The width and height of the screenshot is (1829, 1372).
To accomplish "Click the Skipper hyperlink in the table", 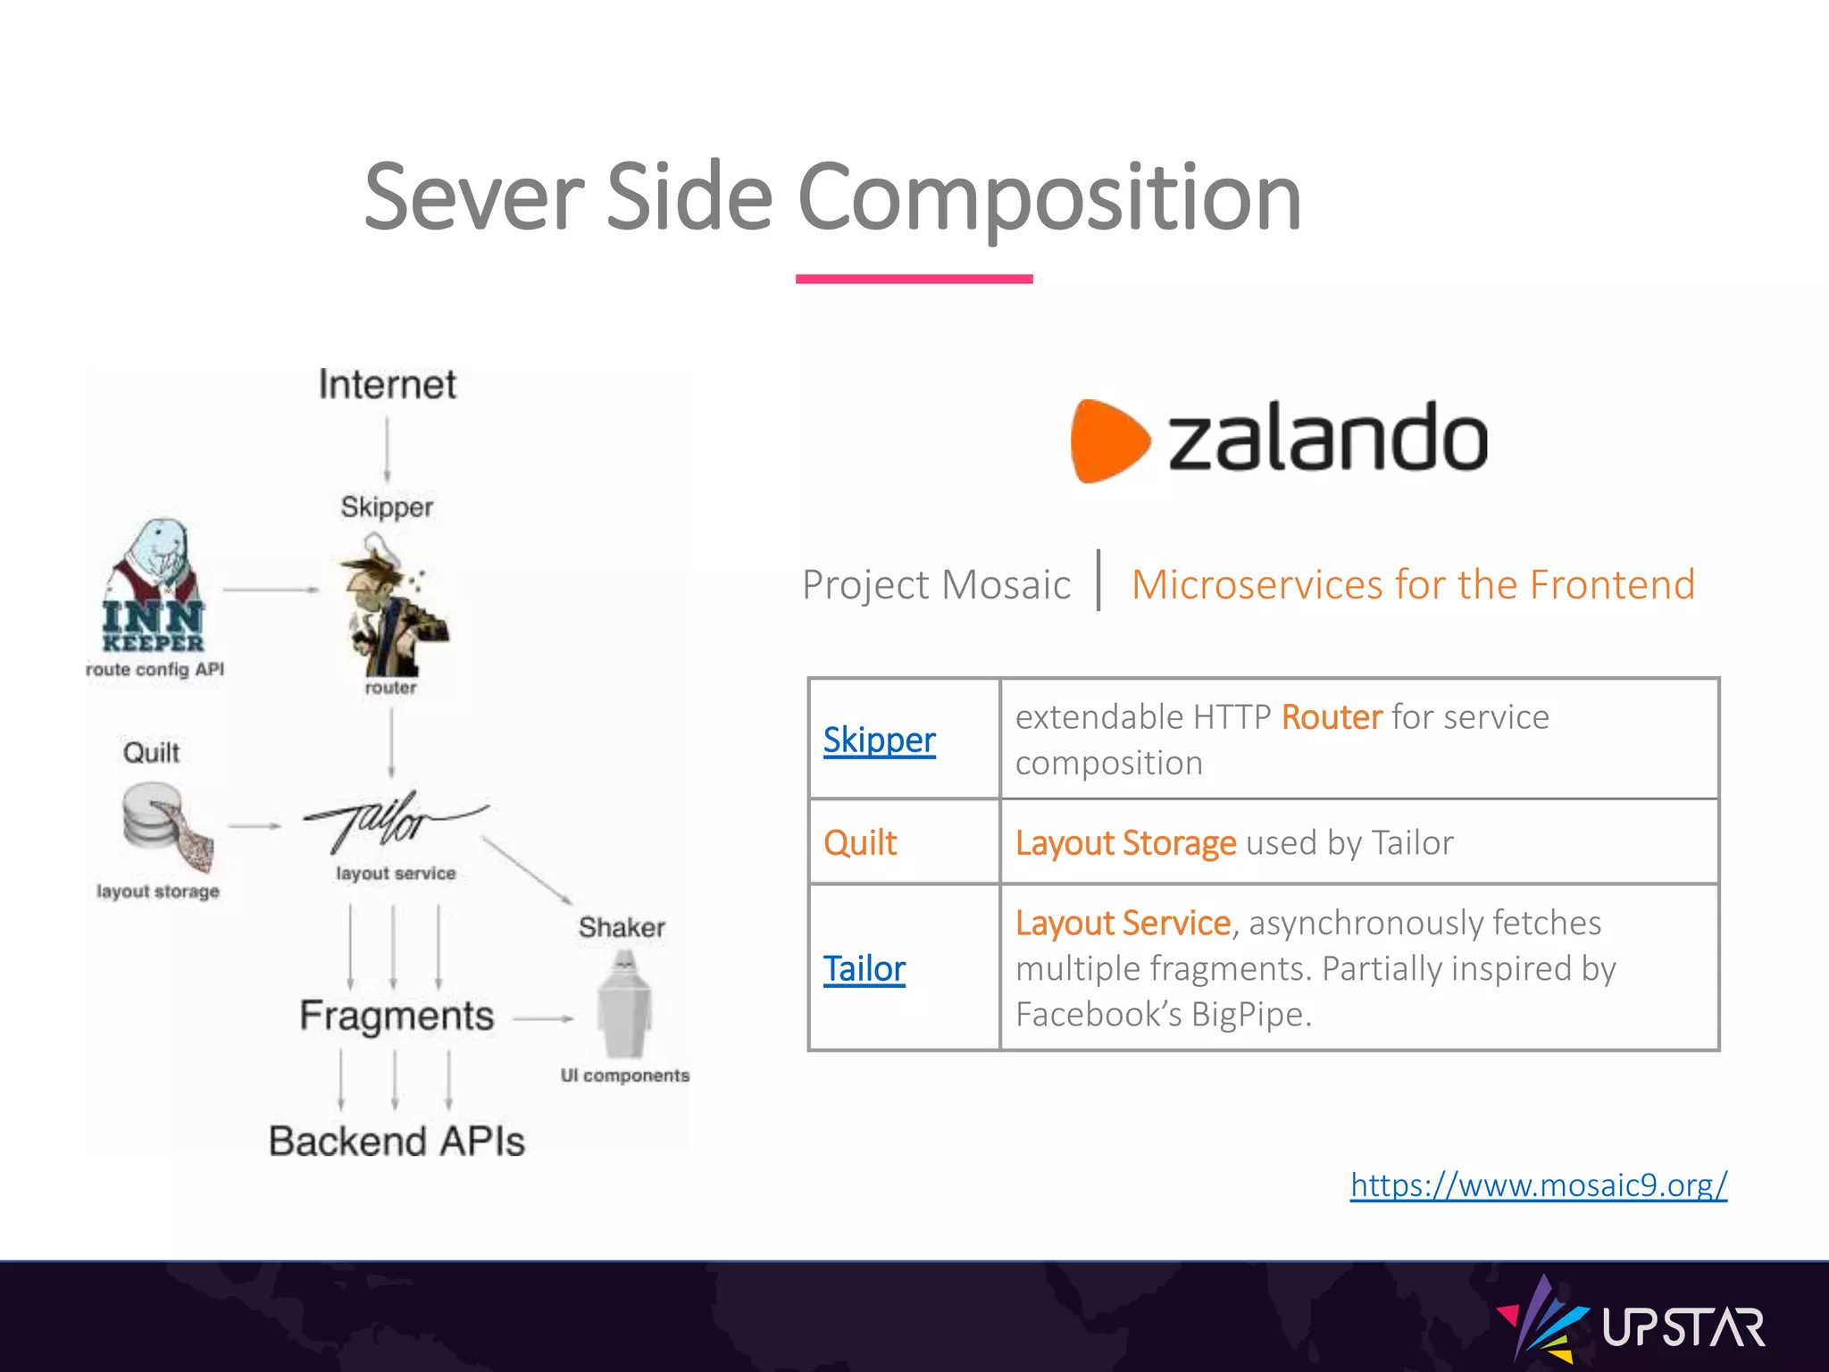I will pos(879,740).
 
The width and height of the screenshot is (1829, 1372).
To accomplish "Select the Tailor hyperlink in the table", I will pos(864,968).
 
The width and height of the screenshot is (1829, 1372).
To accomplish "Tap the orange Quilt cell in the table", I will pos(860,842).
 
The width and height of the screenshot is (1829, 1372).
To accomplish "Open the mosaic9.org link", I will pos(1538,1184).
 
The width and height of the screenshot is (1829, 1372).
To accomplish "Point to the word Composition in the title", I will pos(1048,197).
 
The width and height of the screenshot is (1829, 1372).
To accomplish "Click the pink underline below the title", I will pos(914,279).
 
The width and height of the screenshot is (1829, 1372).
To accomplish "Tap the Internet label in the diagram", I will pos(387,385).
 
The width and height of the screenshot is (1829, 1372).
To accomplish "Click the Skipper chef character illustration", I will pos(391,607).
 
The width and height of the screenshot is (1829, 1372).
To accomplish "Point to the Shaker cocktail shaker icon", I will pos(623,1005).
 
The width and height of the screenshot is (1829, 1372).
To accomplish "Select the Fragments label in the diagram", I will pos(397,1016).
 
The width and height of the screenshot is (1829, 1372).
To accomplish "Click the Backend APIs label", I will pos(397,1142).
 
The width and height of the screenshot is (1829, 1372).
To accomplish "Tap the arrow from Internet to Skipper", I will pos(387,450).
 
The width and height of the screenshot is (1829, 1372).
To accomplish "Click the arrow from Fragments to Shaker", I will pos(543,1018).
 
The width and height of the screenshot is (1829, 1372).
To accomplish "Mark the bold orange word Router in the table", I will pos(1331,717).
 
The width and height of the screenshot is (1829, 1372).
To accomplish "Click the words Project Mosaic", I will pos(935,585).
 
